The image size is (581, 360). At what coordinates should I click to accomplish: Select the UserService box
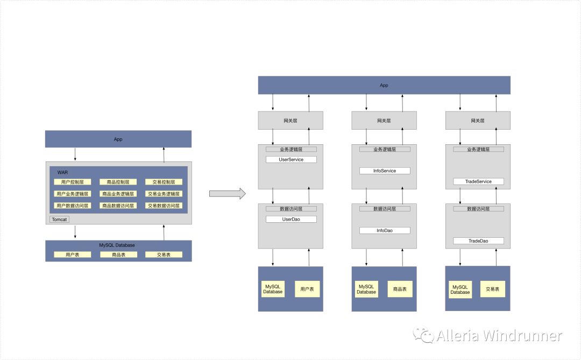click(x=291, y=160)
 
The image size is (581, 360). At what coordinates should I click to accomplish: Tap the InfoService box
click(x=385, y=171)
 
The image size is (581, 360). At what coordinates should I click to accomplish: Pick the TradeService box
click(x=478, y=181)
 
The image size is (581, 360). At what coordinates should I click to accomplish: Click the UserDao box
click(x=291, y=220)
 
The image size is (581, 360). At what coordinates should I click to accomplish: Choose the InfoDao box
click(x=385, y=230)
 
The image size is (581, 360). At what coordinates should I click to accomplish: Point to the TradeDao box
click(x=478, y=241)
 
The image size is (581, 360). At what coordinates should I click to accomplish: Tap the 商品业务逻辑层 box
click(x=118, y=194)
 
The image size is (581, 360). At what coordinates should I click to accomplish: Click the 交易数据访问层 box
click(x=164, y=206)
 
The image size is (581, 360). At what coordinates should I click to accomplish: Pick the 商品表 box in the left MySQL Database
click(x=118, y=255)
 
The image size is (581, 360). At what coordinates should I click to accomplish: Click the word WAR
click(x=63, y=172)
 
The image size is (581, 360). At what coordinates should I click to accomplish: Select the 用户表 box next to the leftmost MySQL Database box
click(x=308, y=289)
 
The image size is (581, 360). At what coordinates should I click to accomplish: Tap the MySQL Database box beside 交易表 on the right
click(x=460, y=289)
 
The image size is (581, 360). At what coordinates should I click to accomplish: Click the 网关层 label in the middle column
click(x=384, y=121)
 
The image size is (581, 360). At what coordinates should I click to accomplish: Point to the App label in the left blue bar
click(x=118, y=139)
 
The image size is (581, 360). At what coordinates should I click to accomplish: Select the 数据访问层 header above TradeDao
click(x=478, y=209)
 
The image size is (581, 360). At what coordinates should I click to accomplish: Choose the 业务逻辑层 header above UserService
click(x=291, y=149)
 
